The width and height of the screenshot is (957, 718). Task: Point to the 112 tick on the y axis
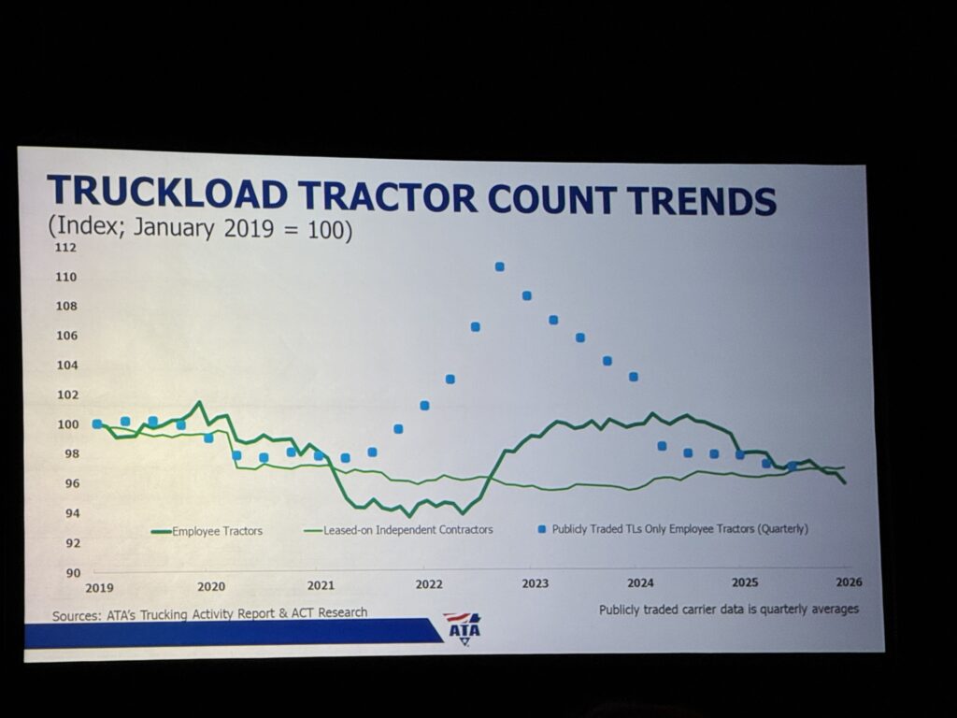(66, 248)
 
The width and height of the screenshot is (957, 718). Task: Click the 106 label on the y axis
(66, 335)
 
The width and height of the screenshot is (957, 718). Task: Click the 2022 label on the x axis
(429, 585)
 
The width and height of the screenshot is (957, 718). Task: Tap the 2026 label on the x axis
(848, 582)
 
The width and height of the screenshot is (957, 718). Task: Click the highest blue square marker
(500, 267)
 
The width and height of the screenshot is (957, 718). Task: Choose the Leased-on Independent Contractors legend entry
(407, 529)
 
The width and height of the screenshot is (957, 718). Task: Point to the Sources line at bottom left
(210, 612)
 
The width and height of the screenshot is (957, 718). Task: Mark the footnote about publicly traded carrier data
(729, 609)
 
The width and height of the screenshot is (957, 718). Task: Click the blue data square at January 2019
(96, 424)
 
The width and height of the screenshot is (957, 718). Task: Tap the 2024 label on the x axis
(640, 583)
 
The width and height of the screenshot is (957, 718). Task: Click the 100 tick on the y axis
(66, 424)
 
